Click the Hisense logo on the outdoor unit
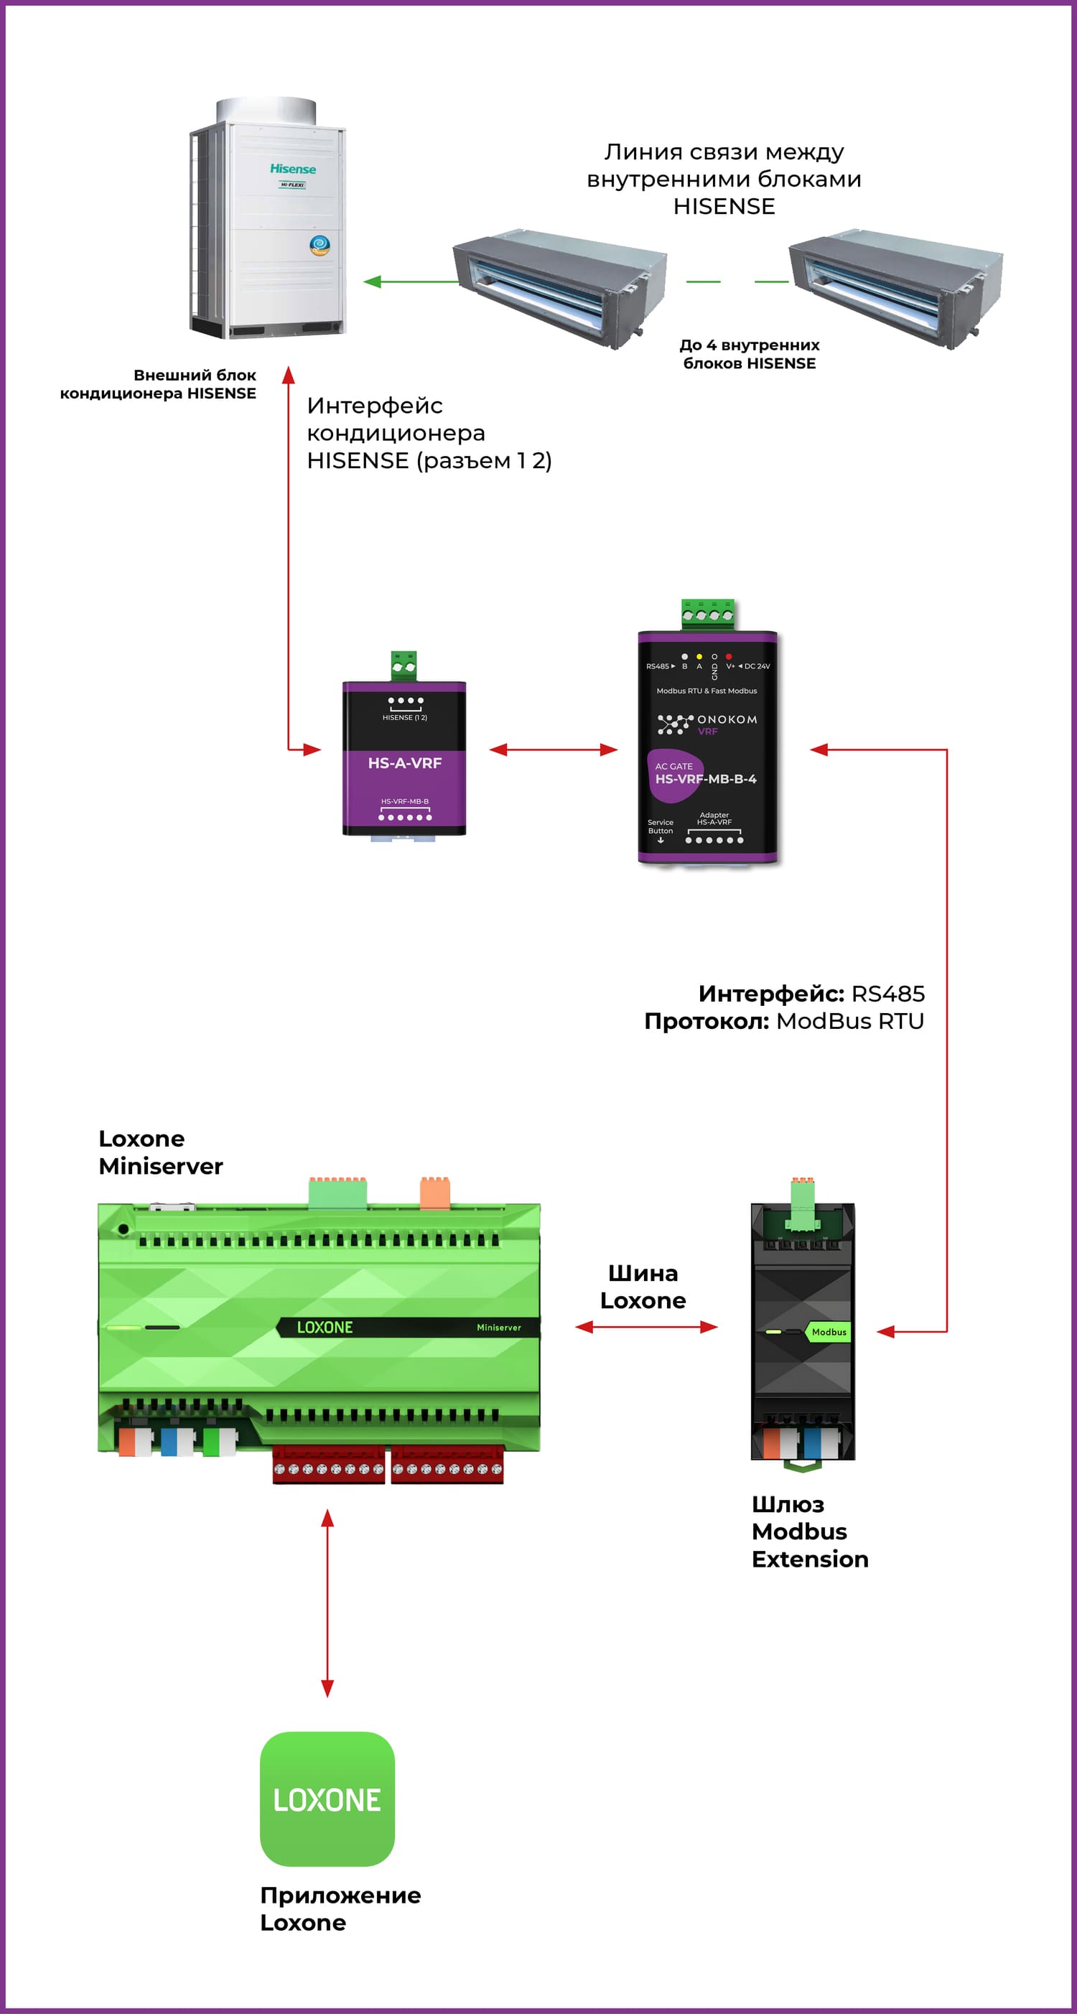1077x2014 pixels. click(x=293, y=169)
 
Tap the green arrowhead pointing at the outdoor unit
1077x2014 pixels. click(x=373, y=281)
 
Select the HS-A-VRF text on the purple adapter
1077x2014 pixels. click(x=405, y=763)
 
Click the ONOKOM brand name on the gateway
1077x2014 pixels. click(x=727, y=719)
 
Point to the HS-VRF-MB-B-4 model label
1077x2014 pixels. click(x=706, y=780)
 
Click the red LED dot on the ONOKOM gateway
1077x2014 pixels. click(x=729, y=657)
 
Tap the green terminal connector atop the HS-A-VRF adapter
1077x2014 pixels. click(x=404, y=666)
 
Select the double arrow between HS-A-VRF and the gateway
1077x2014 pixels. click(x=554, y=750)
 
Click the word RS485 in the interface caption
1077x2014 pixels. click(x=888, y=994)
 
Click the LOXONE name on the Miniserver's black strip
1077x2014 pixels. click(x=325, y=1328)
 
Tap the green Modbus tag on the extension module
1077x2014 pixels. click(x=829, y=1332)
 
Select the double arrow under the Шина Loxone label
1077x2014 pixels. click(x=646, y=1327)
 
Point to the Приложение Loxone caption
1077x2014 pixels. click(x=341, y=1908)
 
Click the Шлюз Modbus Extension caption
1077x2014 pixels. click(x=810, y=1532)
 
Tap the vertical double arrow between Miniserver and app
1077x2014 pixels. click(x=327, y=1603)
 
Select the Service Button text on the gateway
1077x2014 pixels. click(x=661, y=826)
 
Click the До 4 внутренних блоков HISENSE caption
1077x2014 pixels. click(x=750, y=354)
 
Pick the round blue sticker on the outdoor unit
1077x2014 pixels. click(x=320, y=245)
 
